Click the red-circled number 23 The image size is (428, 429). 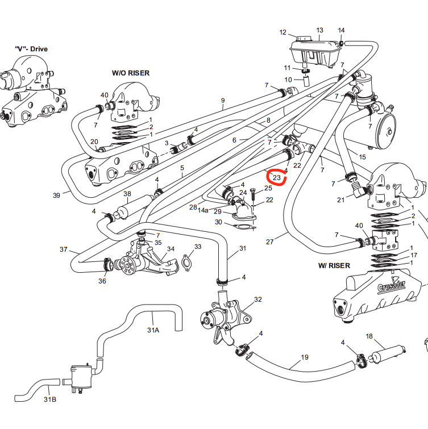pos(276,178)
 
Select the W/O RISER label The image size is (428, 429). pos(131,74)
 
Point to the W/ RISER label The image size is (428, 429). pos(334,265)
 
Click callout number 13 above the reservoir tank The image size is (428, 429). pos(319,30)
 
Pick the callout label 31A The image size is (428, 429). pos(153,330)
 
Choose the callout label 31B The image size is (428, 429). pos(50,399)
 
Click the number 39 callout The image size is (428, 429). pos(56,195)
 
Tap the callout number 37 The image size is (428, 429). pos(64,249)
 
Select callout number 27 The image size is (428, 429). pos(269,241)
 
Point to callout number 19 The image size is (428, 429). pos(305,357)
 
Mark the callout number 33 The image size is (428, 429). pos(198,247)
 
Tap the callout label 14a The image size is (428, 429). pos(203,210)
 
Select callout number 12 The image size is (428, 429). pos(283,33)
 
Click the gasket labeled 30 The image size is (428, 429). pos(244,229)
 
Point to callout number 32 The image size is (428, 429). pos(258,299)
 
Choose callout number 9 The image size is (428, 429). pos(223,101)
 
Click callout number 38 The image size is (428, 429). pos(127,194)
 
